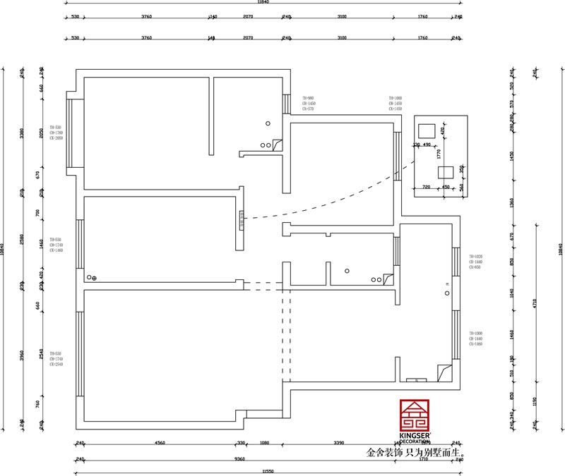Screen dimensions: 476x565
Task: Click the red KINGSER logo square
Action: pyautogui.click(x=415, y=415)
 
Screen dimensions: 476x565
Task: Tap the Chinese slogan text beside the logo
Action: pyautogui.click(x=415, y=453)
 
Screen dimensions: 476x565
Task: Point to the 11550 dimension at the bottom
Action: pyautogui.click(x=268, y=470)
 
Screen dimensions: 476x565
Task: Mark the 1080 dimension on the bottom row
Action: pyautogui.click(x=265, y=444)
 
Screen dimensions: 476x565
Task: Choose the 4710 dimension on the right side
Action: pyautogui.click(x=535, y=303)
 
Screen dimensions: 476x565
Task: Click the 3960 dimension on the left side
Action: pyautogui.click(x=22, y=355)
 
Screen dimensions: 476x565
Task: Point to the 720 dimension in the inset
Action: pyautogui.click(x=426, y=187)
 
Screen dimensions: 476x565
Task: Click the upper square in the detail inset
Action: pyautogui.click(x=427, y=130)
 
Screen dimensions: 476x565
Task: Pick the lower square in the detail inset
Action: pyautogui.click(x=446, y=172)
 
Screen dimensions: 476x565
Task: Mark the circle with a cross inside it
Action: pyautogui.click(x=95, y=279)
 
